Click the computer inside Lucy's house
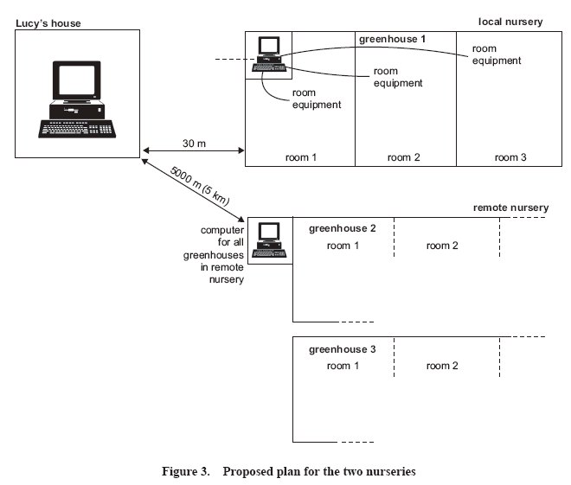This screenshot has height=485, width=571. (x=77, y=99)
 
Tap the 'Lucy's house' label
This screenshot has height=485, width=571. (x=48, y=23)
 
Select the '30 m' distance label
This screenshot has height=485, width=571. (x=194, y=144)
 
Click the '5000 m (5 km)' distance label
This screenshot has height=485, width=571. (x=200, y=186)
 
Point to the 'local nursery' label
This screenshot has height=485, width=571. (x=510, y=22)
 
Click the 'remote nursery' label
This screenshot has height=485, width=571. (x=510, y=207)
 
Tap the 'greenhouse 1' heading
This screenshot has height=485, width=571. (x=392, y=39)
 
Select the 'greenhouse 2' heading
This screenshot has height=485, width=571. (x=342, y=228)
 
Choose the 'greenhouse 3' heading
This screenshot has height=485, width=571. (x=342, y=349)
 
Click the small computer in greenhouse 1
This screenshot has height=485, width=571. (x=269, y=54)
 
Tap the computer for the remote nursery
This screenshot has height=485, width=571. (x=269, y=240)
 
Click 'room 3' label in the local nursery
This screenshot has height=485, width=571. (x=510, y=157)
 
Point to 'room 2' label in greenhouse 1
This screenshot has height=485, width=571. (x=403, y=157)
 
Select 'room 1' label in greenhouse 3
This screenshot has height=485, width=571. (x=343, y=366)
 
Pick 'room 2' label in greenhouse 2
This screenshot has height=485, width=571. (x=442, y=246)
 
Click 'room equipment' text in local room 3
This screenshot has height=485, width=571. (x=497, y=54)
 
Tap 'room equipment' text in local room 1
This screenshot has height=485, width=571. (x=317, y=99)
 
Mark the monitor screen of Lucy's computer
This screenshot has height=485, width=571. (x=76, y=80)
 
